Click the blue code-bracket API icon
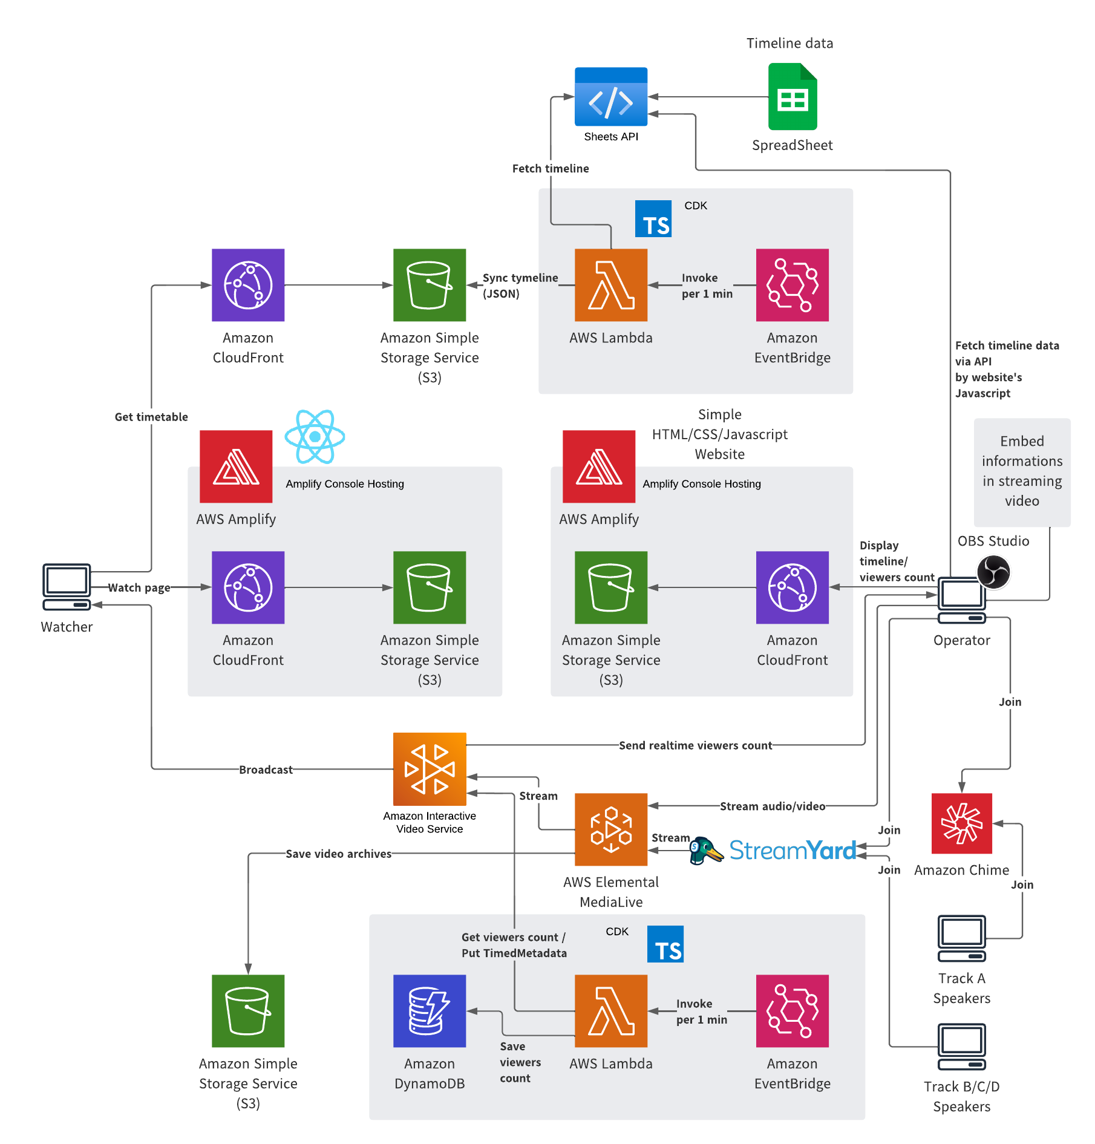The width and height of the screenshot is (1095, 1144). (x=611, y=97)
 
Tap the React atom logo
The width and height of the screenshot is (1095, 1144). (x=315, y=437)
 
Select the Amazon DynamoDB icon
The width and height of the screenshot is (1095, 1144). (x=430, y=1011)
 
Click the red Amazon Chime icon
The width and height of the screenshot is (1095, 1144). (x=962, y=823)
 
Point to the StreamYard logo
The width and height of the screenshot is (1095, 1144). (x=774, y=851)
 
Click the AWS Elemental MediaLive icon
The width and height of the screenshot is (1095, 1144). (x=611, y=829)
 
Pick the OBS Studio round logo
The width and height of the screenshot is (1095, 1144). (x=993, y=572)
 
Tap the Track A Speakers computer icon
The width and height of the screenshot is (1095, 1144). (x=962, y=938)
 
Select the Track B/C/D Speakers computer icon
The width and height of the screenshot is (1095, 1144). (x=962, y=1047)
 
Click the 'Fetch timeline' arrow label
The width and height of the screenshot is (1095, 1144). (x=551, y=169)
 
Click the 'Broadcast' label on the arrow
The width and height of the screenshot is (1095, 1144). (x=266, y=770)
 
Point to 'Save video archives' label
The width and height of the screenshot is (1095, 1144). (x=338, y=854)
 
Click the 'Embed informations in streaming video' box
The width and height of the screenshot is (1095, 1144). (x=1022, y=472)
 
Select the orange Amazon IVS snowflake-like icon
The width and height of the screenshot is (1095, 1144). (x=430, y=769)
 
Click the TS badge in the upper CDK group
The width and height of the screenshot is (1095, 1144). (x=653, y=219)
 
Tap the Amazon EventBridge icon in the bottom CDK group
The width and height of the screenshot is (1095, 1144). (x=793, y=1011)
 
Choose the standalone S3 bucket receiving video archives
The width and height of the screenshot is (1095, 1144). (x=248, y=1011)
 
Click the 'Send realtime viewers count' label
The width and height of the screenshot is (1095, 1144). (x=695, y=745)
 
